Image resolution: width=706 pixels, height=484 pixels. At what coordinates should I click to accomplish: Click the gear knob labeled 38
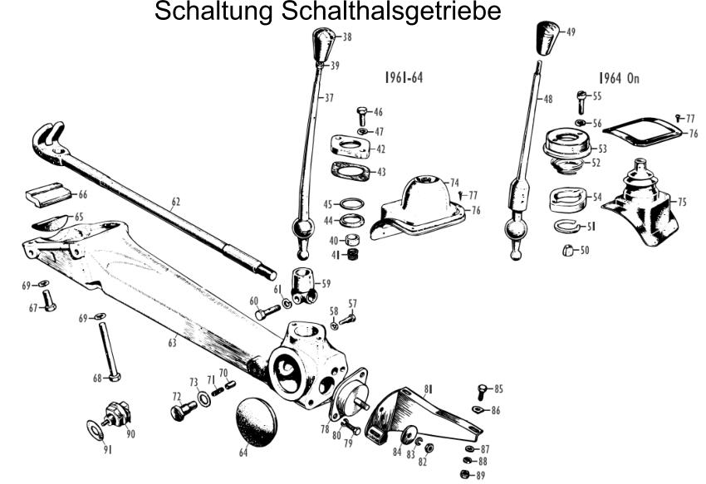[x=324, y=44]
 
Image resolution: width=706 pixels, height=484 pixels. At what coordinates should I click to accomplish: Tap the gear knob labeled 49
[x=548, y=37]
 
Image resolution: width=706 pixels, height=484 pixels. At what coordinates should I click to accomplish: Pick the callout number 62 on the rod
[x=175, y=202]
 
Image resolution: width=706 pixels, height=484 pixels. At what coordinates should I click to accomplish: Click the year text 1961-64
[x=404, y=77]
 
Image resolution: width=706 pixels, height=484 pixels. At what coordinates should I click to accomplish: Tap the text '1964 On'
[x=619, y=78]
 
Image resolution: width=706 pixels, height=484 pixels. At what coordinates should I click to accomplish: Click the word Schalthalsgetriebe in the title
[x=391, y=12]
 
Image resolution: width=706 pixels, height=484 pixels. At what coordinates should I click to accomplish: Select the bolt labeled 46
[x=362, y=116]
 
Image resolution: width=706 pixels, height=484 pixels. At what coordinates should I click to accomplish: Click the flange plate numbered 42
[x=351, y=147]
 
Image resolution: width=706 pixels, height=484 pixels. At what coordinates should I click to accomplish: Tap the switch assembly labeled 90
[x=116, y=414]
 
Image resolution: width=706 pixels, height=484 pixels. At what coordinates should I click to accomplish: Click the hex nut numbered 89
[x=466, y=474]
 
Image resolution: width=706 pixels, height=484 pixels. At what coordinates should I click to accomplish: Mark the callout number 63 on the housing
[x=173, y=343]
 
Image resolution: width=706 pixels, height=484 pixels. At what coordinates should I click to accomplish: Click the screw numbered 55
[x=581, y=102]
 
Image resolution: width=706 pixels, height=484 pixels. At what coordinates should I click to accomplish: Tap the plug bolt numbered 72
[x=184, y=411]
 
